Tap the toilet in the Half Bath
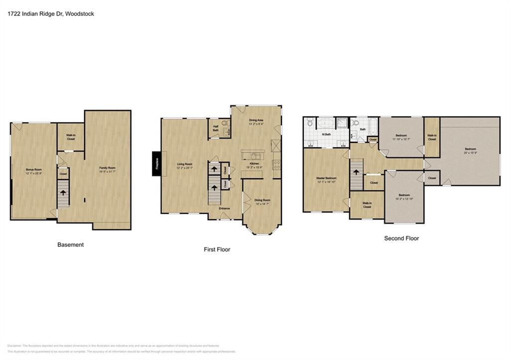click(225, 122)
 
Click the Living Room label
click(185, 164)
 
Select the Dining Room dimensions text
click(262, 203)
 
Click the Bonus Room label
click(33, 170)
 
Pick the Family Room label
click(108, 168)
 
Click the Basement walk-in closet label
click(71, 137)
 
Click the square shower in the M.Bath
click(342, 123)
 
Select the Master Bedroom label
click(326, 178)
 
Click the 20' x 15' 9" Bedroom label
click(471, 149)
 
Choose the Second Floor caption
click(401, 239)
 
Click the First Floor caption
click(217, 249)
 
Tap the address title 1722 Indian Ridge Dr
click(51, 14)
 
